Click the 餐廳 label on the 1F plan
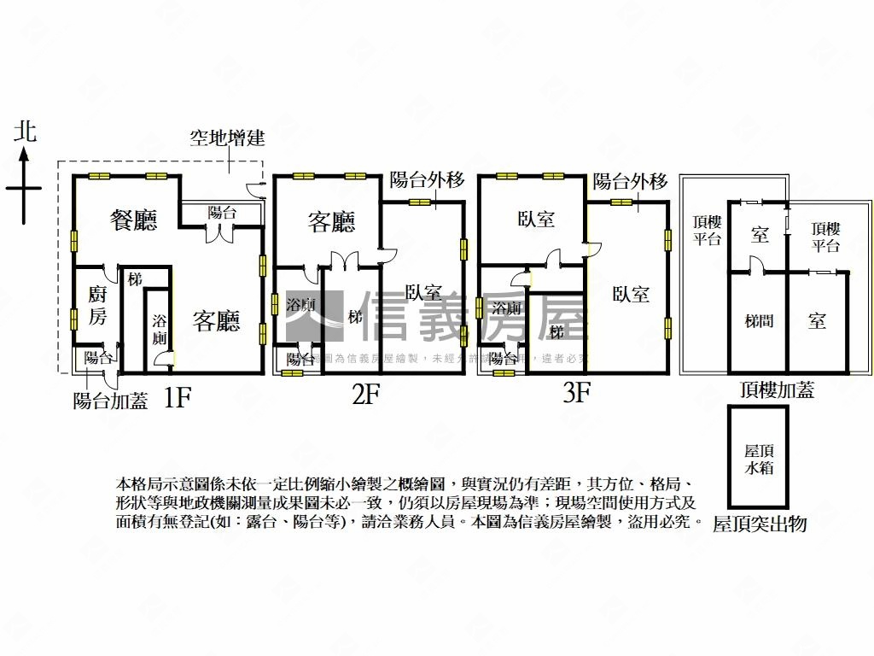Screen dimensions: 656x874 tap(134, 220)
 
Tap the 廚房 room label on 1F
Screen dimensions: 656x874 tap(97, 307)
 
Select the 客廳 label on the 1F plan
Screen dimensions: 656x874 tap(216, 320)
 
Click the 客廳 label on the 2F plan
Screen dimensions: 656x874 tap(331, 222)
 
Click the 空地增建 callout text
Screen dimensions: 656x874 tap(226, 139)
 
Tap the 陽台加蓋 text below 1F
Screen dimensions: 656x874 tap(111, 400)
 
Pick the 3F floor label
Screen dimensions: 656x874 tap(577, 394)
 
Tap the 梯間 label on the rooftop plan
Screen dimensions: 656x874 tap(759, 321)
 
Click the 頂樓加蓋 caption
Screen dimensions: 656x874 tap(777, 390)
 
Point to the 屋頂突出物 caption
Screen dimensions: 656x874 tap(760, 524)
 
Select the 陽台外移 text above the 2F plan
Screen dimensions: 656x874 tap(427, 180)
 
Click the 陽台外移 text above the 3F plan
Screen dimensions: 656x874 tap(630, 181)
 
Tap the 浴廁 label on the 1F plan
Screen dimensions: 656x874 tap(160, 330)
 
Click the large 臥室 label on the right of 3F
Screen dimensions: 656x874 tap(631, 294)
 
